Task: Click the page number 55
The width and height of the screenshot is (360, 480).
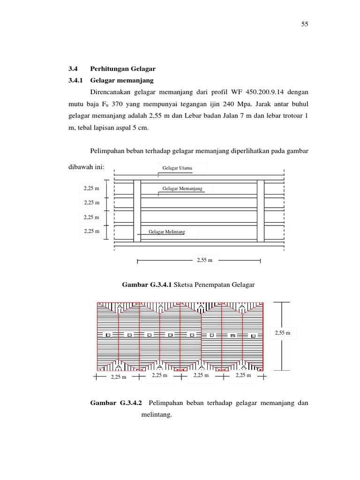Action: (x=304, y=24)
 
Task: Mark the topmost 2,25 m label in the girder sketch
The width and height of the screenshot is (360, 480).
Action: (x=91, y=188)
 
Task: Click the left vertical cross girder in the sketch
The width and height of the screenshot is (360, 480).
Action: (x=137, y=210)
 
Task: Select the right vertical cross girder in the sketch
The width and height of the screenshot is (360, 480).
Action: (x=261, y=210)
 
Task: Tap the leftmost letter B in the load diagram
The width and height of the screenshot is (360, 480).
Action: (x=107, y=335)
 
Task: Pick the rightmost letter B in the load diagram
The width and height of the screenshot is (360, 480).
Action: (x=254, y=336)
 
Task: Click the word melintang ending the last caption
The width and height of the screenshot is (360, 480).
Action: (x=157, y=414)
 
